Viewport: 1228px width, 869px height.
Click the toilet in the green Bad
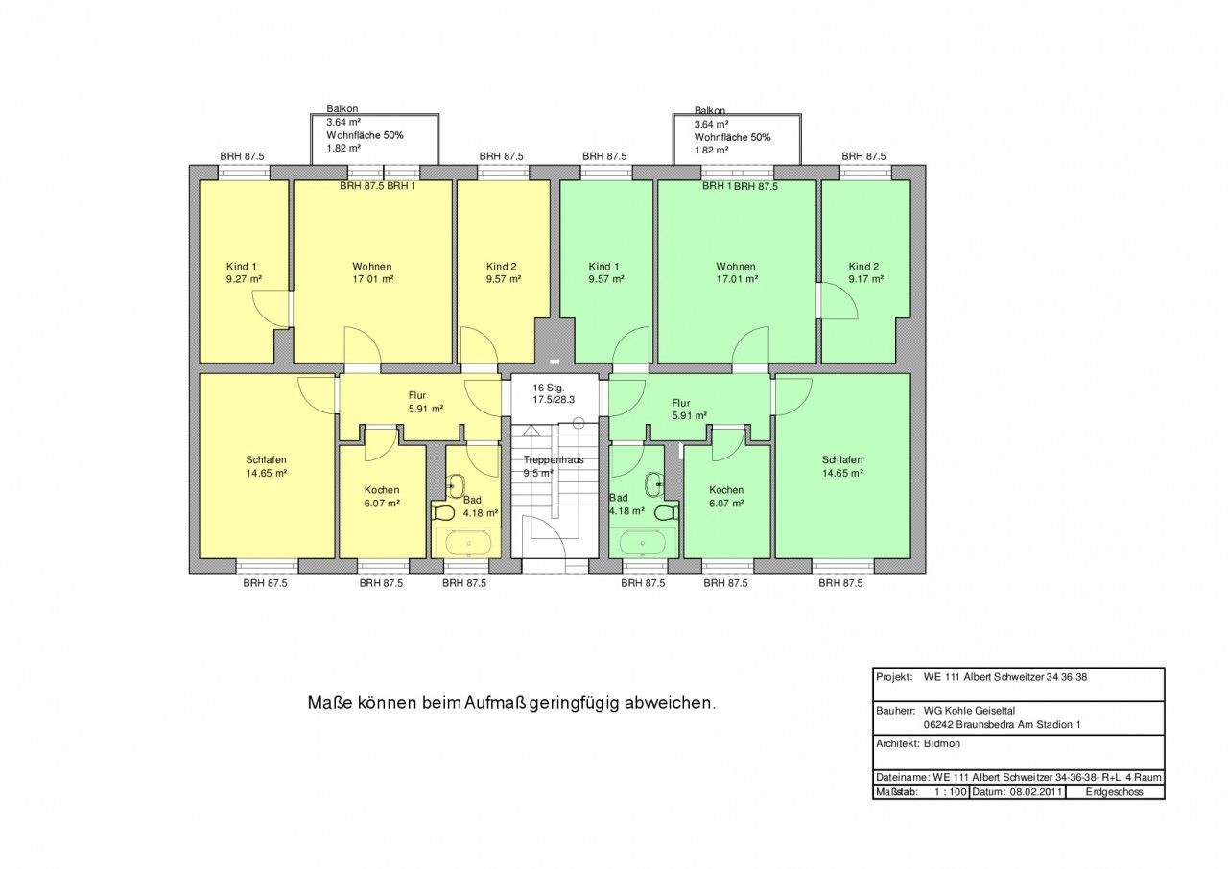click(666, 513)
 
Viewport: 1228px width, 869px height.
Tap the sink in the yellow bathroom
click(456, 485)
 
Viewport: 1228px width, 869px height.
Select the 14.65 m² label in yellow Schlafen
click(267, 473)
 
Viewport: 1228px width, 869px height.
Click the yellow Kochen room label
click(382, 490)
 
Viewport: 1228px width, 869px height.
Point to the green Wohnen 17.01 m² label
click(736, 272)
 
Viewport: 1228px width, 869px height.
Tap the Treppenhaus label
click(554, 459)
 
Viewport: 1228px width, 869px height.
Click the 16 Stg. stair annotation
click(549, 388)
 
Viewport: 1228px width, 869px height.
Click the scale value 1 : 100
click(951, 791)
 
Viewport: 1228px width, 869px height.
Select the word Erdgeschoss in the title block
click(1114, 791)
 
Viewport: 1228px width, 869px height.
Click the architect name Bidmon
click(942, 743)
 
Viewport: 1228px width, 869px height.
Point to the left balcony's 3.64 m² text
click(343, 122)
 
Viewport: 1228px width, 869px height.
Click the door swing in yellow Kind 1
click(271, 309)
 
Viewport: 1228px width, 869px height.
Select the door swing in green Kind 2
click(838, 300)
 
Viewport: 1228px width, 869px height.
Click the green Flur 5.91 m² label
click(689, 410)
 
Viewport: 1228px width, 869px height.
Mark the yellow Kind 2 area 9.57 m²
click(504, 279)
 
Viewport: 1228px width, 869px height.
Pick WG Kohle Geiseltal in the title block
click(969, 711)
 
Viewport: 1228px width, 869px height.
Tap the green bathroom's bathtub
click(643, 543)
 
